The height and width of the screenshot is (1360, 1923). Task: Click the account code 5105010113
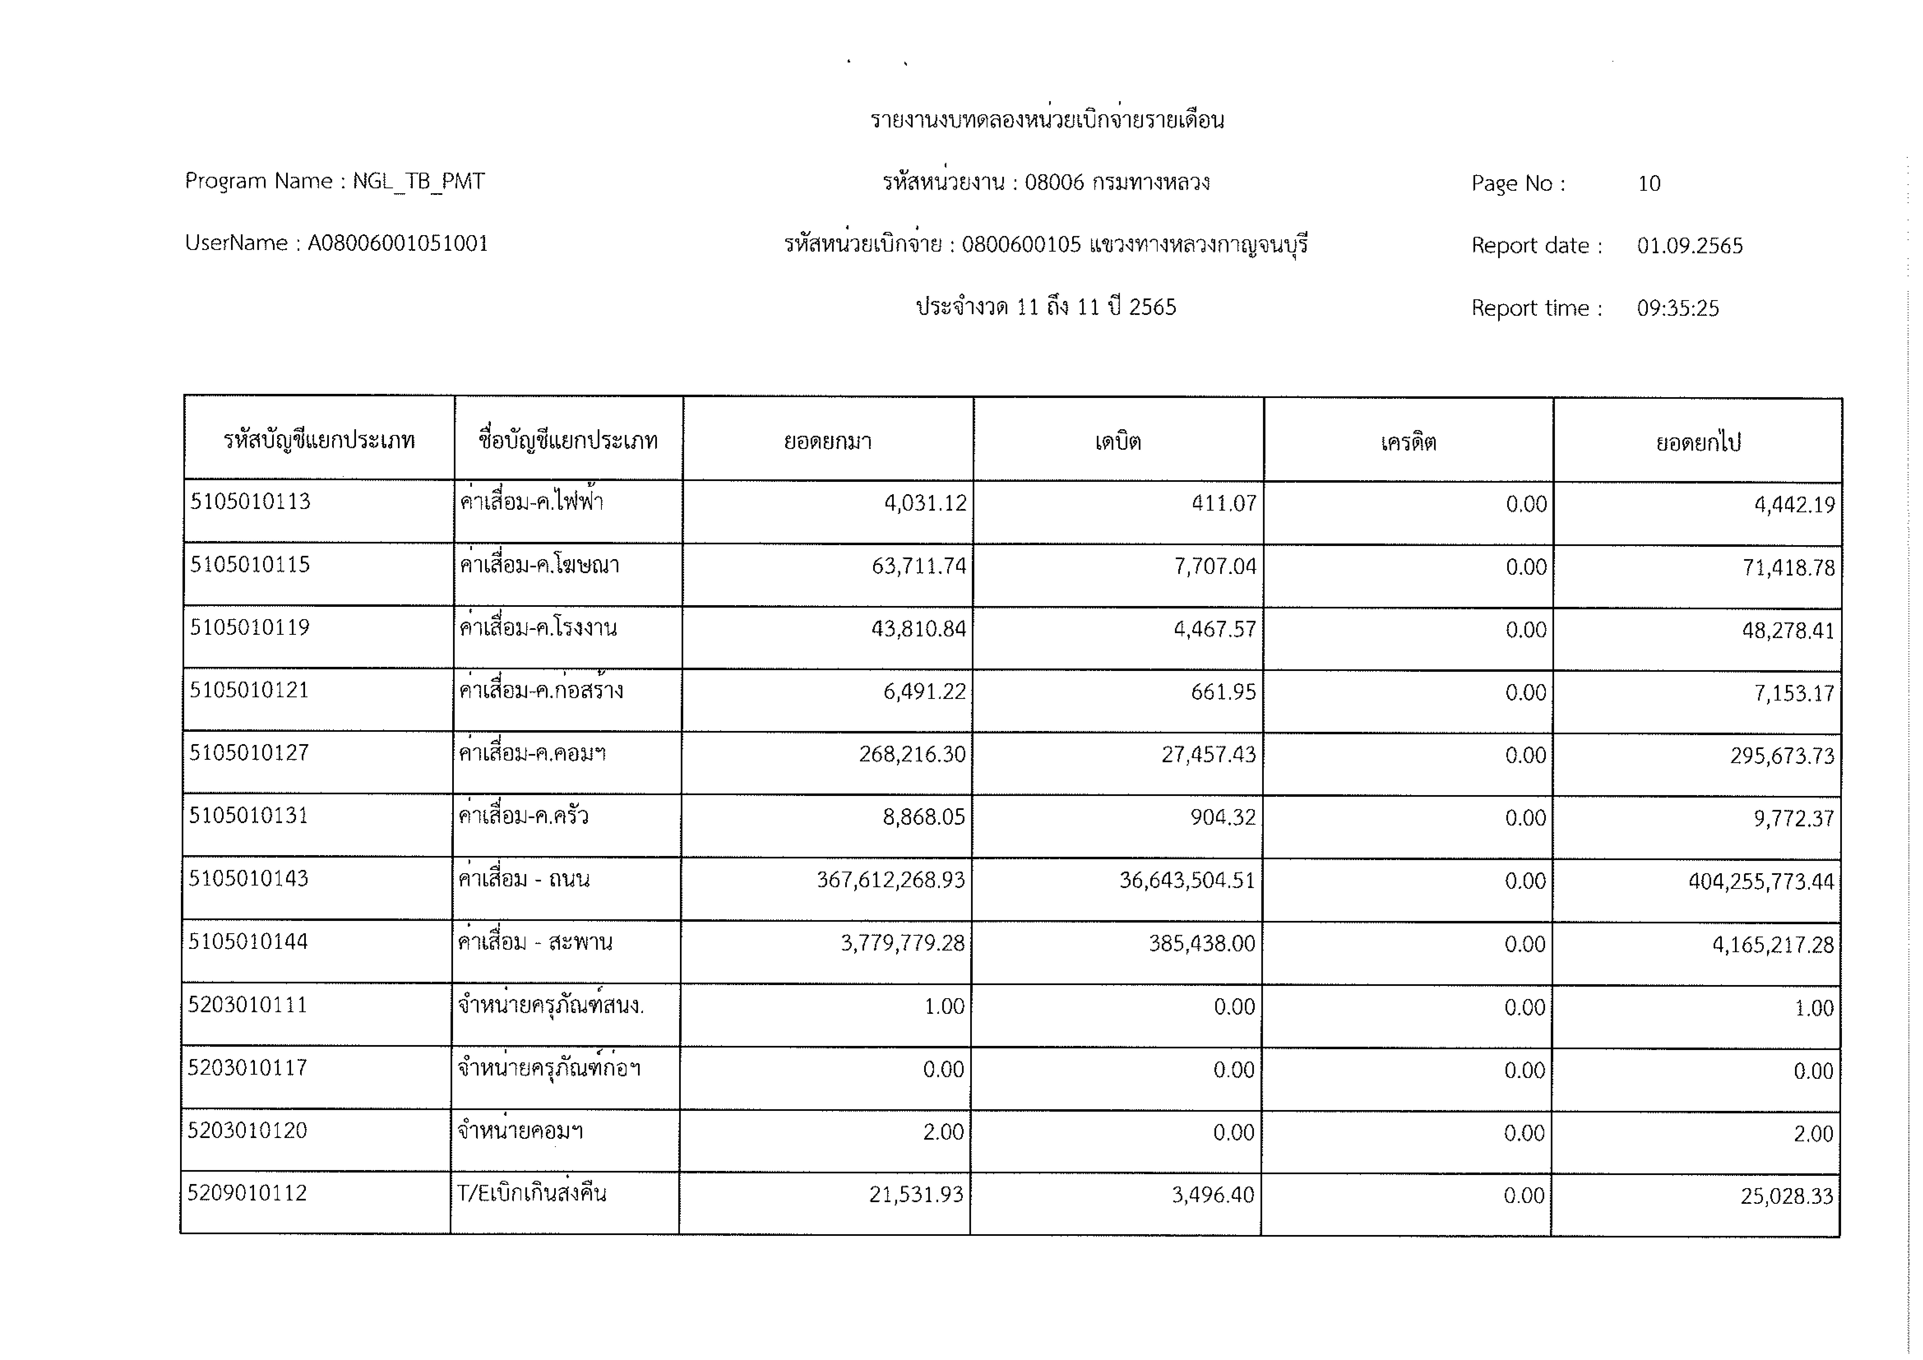[x=250, y=502]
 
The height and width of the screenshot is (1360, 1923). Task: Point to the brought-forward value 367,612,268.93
[x=890, y=880]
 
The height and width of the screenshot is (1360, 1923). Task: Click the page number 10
[x=1648, y=183]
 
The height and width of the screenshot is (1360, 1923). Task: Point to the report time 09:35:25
[x=1678, y=308]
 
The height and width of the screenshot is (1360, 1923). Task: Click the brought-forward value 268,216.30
[x=912, y=755]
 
